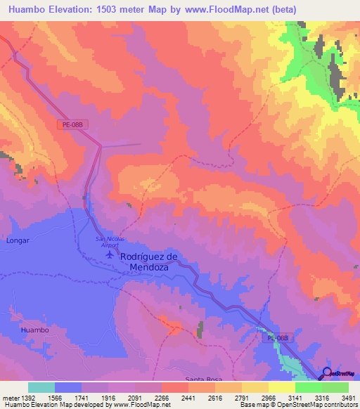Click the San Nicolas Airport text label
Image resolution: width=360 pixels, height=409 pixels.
point(110,242)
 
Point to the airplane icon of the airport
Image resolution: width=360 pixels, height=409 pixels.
point(110,254)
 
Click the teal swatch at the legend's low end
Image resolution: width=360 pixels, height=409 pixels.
point(41,387)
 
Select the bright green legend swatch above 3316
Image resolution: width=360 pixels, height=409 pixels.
point(309,387)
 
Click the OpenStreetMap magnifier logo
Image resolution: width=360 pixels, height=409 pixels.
point(328,373)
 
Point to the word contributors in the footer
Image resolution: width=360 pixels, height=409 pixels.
point(340,405)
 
